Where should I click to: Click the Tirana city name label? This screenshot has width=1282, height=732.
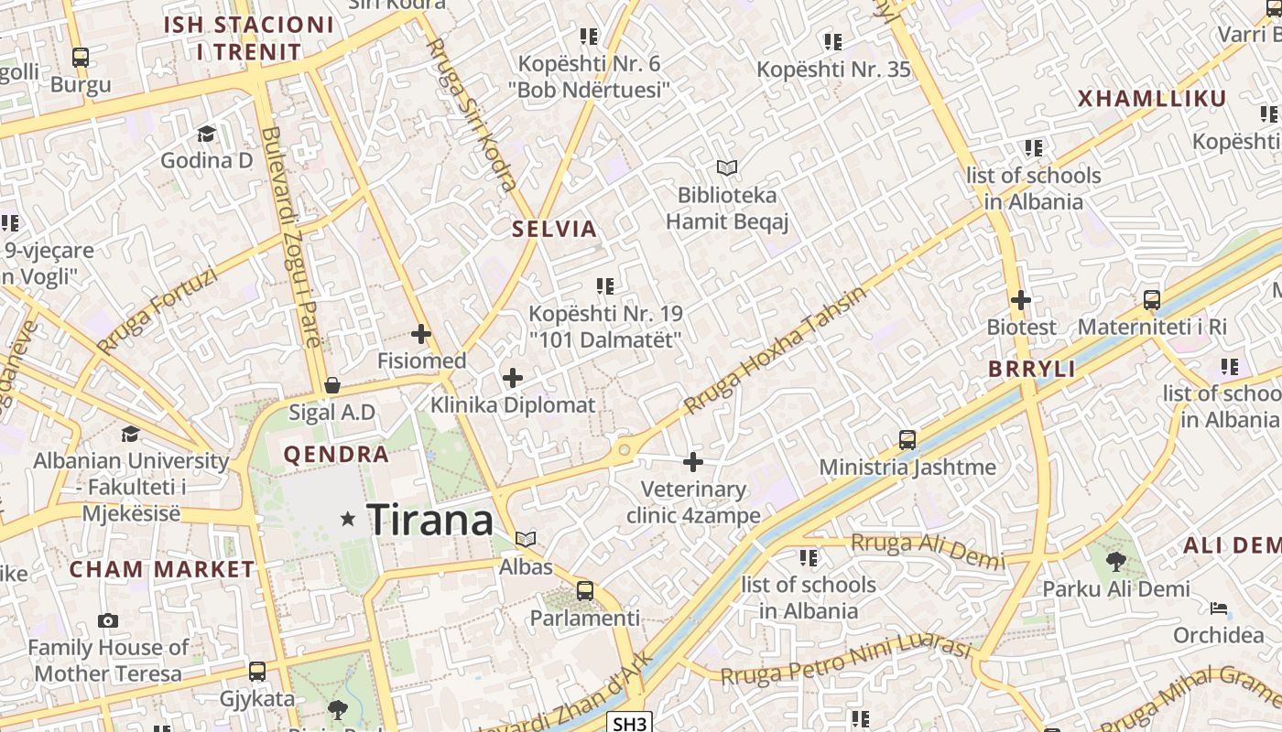[x=429, y=520]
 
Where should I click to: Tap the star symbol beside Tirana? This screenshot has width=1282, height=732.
[x=348, y=519]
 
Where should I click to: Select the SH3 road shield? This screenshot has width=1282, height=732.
[x=629, y=724]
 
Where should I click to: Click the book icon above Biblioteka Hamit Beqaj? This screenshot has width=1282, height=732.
[x=727, y=168]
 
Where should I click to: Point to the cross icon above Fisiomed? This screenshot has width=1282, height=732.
[x=421, y=334]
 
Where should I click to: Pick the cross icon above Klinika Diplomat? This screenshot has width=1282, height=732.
[x=513, y=377]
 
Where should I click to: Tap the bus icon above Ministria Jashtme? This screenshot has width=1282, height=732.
[x=907, y=440]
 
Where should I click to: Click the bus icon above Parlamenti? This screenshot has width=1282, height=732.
[x=585, y=591]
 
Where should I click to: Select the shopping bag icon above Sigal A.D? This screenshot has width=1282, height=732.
[x=332, y=385]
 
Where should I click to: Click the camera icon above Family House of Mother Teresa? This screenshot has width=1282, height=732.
[x=108, y=620]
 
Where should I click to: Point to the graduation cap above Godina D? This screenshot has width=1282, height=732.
[x=206, y=135]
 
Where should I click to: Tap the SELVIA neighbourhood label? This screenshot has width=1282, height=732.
[x=555, y=229]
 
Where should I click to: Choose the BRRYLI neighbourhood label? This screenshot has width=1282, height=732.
[x=1031, y=369]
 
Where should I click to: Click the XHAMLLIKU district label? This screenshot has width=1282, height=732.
[x=1151, y=99]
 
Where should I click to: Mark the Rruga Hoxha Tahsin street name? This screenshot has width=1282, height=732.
[x=775, y=350]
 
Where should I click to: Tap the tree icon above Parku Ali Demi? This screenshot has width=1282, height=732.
[x=1115, y=561]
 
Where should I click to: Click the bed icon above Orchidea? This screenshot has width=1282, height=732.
[x=1218, y=608]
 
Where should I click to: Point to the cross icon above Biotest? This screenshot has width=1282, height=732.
[x=1021, y=300]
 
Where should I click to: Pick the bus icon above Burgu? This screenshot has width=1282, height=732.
[x=81, y=58]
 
